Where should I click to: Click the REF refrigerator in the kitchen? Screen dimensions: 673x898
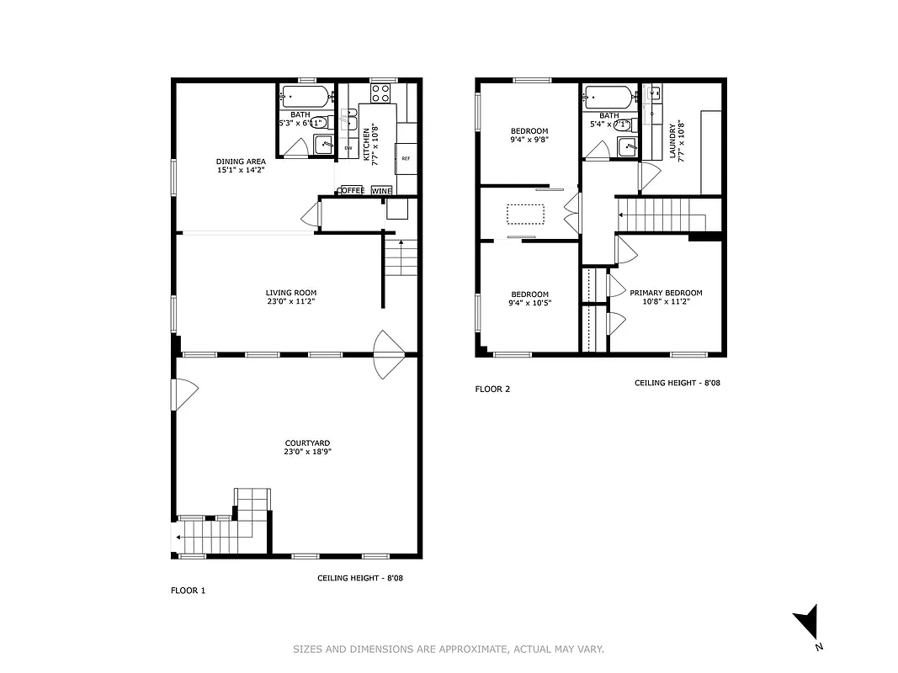click(406, 158)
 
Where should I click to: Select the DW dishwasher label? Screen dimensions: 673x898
click(348, 148)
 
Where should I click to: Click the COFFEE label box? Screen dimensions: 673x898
click(352, 191)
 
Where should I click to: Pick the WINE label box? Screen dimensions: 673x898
click(381, 191)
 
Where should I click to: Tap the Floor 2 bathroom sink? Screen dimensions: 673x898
click(625, 147)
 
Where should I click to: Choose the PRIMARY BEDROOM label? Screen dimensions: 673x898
click(666, 293)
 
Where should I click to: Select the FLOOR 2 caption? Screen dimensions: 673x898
click(492, 389)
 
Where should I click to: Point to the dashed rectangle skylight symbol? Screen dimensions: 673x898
click(526, 215)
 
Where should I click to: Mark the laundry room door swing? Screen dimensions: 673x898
click(647, 176)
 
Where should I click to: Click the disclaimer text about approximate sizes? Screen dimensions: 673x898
click(449, 649)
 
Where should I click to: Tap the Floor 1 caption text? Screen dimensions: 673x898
click(188, 591)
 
